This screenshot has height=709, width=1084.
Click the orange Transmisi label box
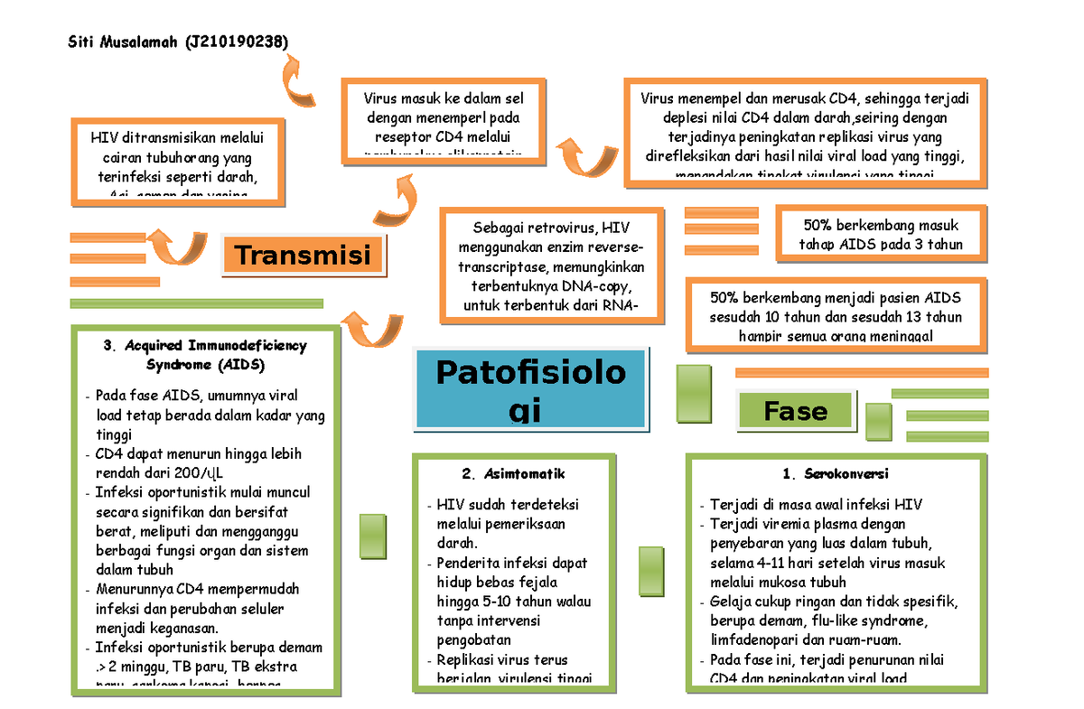(x=304, y=256)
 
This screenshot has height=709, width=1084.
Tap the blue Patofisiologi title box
(x=531, y=389)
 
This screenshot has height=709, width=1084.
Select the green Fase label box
(x=795, y=411)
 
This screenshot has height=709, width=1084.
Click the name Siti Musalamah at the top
(x=124, y=42)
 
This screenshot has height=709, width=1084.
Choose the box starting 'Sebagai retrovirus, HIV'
(x=552, y=266)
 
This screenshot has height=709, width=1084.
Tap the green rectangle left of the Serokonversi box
(x=651, y=570)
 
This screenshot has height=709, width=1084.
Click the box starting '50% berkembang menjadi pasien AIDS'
(x=836, y=316)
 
